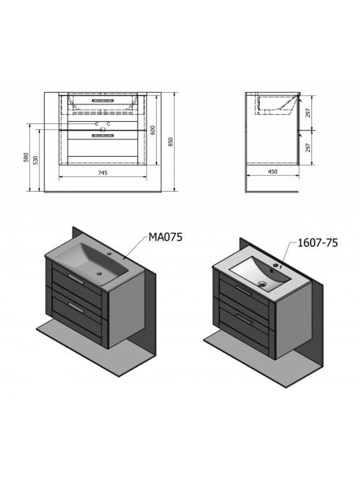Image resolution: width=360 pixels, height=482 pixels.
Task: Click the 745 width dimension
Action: [x=102, y=173]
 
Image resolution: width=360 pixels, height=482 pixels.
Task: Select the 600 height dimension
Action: [x=153, y=130]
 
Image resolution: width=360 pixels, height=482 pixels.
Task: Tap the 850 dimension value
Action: [x=171, y=142]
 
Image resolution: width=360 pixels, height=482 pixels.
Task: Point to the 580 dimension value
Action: [x=26, y=158]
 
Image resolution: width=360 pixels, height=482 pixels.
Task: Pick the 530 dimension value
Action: [x=36, y=160]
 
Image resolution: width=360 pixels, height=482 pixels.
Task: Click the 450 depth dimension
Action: [x=273, y=171]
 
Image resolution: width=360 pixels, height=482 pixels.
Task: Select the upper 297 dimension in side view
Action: [x=308, y=113]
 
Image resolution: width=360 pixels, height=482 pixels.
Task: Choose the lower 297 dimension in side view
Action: [x=308, y=147]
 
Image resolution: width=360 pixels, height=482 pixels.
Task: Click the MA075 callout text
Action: [x=165, y=237]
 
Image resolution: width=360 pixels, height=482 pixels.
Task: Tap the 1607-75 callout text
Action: [x=318, y=243]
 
